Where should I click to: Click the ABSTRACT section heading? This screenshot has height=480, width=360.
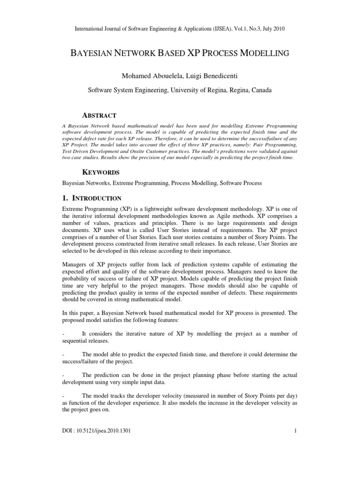pos(99,115)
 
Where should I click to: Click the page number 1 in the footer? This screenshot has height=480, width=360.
pos(296,431)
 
